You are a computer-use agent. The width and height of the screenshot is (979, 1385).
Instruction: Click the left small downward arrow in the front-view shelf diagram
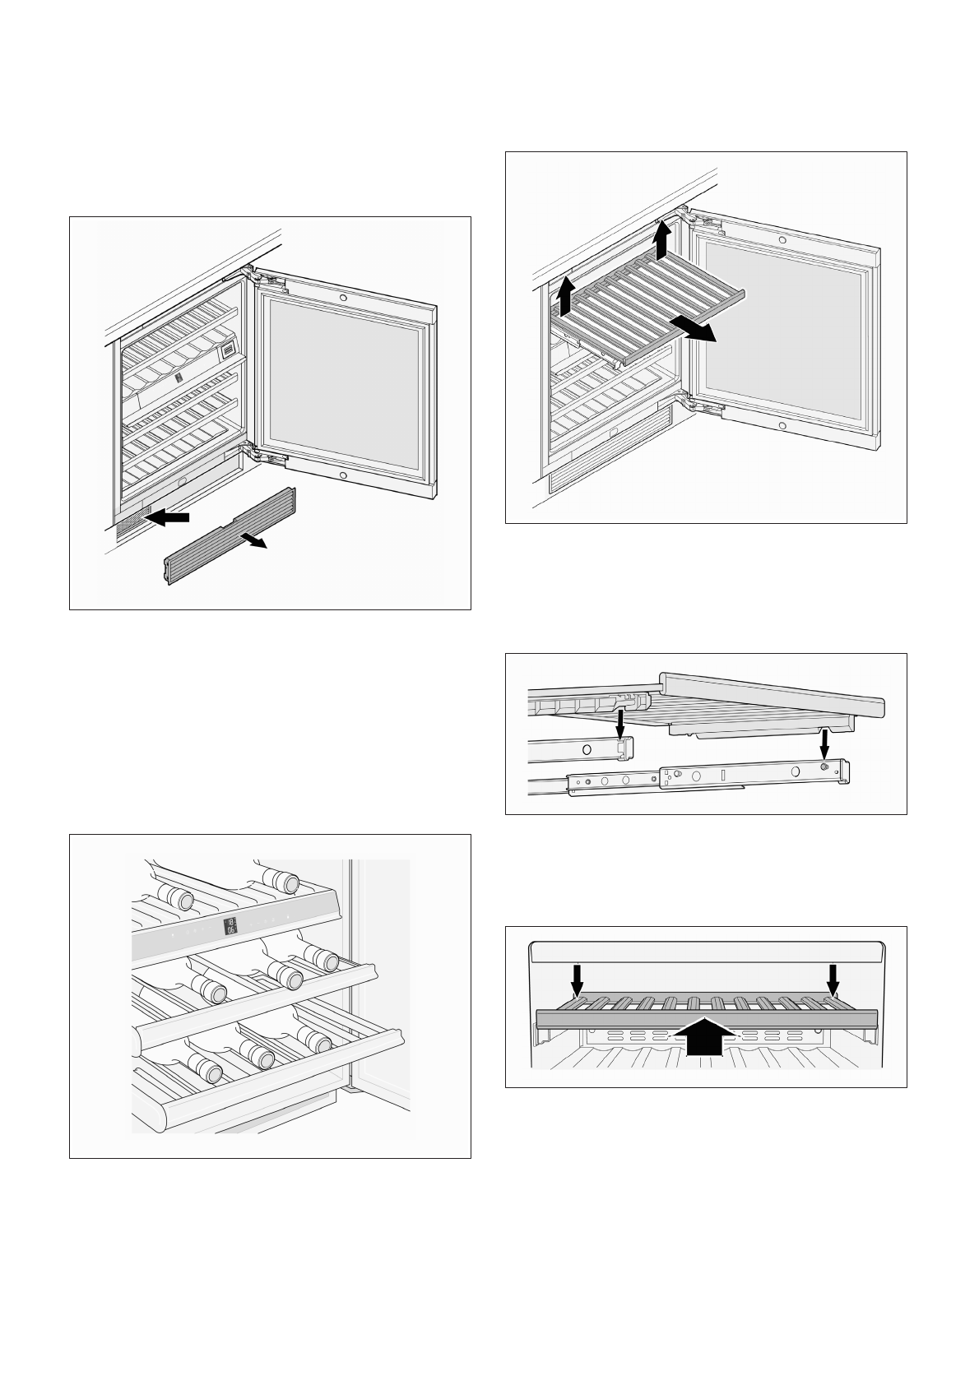click(578, 979)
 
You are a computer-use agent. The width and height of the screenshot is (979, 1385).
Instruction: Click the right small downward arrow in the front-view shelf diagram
click(833, 979)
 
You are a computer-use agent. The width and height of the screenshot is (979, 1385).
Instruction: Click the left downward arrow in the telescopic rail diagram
click(621, 725)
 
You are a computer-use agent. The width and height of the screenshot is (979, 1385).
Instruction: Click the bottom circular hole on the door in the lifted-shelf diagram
click(782, 426)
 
